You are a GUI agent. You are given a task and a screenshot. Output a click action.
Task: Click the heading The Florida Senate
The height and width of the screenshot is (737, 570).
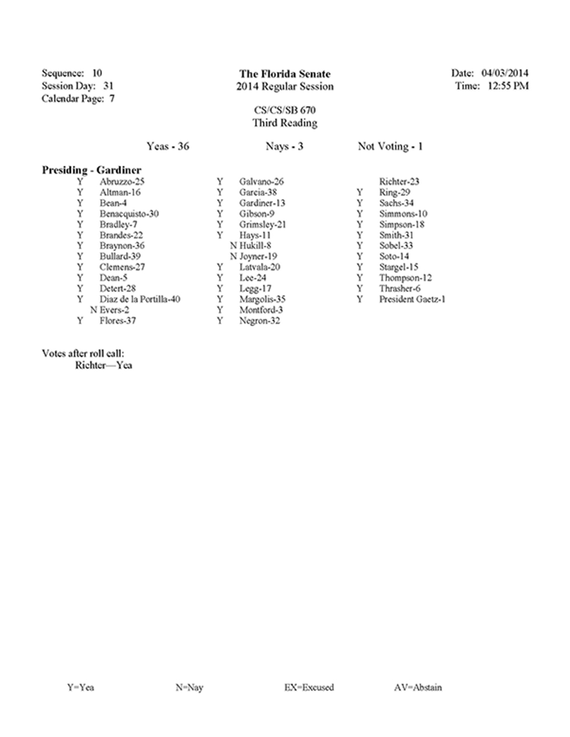[284, 74]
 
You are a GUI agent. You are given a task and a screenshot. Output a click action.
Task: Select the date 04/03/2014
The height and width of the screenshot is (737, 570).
[505, 73]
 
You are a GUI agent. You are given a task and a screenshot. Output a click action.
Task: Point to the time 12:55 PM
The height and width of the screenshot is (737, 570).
[508, 86]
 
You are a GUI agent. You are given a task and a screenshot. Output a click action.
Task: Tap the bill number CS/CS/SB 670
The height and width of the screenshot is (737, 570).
[284, 111]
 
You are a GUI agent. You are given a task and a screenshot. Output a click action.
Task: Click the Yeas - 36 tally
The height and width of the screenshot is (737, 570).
[168, 146]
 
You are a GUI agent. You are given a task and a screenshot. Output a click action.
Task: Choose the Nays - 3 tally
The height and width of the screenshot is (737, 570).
[284, 146]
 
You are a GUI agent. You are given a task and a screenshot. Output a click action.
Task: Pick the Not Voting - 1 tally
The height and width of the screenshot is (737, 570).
[390, 146]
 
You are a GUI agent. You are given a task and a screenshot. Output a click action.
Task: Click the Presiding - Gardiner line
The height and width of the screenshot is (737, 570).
[91, 170]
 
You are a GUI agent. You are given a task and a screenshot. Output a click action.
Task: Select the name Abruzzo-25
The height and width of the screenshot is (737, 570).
[122, 182]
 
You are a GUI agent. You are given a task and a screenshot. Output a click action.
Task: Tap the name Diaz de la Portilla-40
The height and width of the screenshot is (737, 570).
[140, 299]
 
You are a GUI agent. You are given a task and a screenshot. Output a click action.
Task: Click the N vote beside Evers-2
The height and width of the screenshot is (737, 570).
[93, 310]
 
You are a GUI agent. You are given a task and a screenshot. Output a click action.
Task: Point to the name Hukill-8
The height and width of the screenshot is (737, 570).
[255, 246]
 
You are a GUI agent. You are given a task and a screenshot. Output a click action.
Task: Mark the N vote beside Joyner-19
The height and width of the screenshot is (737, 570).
[234, 256]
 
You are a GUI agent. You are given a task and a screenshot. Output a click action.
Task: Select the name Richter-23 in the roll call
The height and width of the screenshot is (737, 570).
[399, 182]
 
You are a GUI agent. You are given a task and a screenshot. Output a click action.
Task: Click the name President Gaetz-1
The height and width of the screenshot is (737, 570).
[412, 299]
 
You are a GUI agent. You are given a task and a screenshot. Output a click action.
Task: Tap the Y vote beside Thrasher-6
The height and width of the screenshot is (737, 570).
[360, 288]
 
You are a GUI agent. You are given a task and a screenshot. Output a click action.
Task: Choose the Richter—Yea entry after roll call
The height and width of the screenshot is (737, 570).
[103, 365]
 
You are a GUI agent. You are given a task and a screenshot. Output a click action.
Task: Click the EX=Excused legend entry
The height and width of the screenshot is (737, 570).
[309, 687]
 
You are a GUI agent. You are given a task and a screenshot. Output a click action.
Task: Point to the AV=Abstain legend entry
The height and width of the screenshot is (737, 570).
[418, 687]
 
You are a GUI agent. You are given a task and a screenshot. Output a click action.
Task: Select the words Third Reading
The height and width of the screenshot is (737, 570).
[284, 123]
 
